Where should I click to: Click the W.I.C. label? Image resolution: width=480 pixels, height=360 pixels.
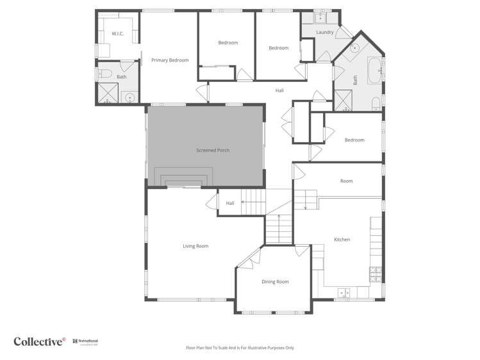pyautogui.click(x=117, y=33)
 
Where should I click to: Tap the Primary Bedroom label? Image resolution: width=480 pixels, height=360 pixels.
pyautogui.click(x=170, y=60)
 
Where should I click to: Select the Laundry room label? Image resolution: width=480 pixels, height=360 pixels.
pyautogui.click(x=325, y=32)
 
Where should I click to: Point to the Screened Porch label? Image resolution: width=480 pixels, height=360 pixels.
pyautogui.click(x=213, y=151)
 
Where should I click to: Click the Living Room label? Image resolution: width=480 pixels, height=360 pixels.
pyautogui.click(x=195, y=246)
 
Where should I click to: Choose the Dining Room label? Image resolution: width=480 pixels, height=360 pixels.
pyautogui.click(x=275, y=282)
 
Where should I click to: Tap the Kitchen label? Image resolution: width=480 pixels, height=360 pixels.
pyautogui.click(x=342, y=240)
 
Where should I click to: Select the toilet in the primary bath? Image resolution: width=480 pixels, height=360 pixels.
pyautogui.click(x=106, y=72)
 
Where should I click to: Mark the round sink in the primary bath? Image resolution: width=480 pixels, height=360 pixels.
pyautogui.click(x=130, y=98)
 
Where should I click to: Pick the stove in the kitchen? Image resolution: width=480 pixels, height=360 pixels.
pyautogui.click(x=376, y=274)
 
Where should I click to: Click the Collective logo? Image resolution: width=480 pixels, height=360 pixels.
pyautogui.click(x=39, y=341)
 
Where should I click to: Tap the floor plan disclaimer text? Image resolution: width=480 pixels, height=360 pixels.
pyautogui.click(x=240, y=348)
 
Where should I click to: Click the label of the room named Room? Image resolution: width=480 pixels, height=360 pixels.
pyautogui.click(x=346, y=181)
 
